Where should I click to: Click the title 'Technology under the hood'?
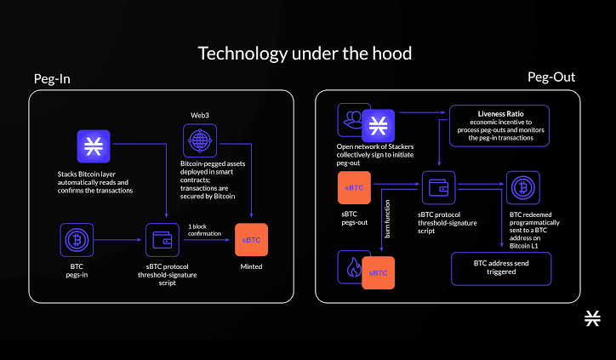click(305, 54)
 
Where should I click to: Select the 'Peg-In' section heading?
click(52, 79)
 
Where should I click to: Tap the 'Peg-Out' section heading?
click(552, 77)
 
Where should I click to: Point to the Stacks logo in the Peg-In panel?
click(93, 146)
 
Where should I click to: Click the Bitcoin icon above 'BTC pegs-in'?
click(77, 239)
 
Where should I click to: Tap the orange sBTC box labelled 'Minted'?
click(251, 240)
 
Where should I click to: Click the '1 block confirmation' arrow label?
click(205, 230)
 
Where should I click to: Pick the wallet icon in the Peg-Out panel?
click(439, 188)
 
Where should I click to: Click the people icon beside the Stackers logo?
click(352, 121)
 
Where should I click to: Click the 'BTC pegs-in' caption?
click(77, 271)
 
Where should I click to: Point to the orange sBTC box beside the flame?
click(379, 272)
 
